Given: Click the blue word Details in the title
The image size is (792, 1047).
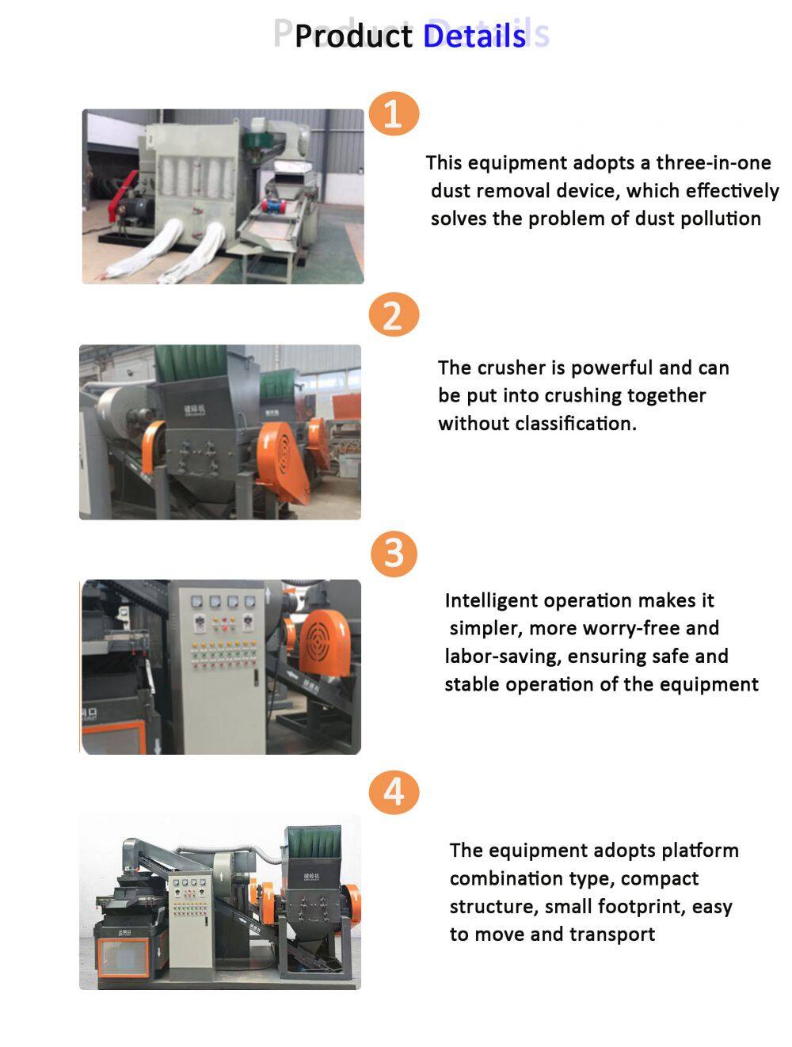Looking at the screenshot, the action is pyautogui.click(x=474, y=36).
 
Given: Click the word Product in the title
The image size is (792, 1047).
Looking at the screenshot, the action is pyautogui.click(x=353, y=36).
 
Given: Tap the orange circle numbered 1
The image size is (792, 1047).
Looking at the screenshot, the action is pyautogui.click(x=394, y=113).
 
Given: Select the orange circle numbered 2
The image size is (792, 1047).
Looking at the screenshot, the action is pyautogui.click(x=394, y=314).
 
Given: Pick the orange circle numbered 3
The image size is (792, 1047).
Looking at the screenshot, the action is pyautogui.click(x=394, y=554).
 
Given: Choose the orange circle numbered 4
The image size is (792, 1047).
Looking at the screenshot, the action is pyautogui.click(x=394, y=792).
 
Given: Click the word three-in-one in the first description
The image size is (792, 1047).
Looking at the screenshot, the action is pyautogui.click(x=714, y=162).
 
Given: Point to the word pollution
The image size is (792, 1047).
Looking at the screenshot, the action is pyautogui.click(x=721, y=219).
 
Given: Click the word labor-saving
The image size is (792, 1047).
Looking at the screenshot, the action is pyautogui.click(x=503, y=656).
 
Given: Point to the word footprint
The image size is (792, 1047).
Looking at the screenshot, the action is pyautogui.click(x=642, y=907).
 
